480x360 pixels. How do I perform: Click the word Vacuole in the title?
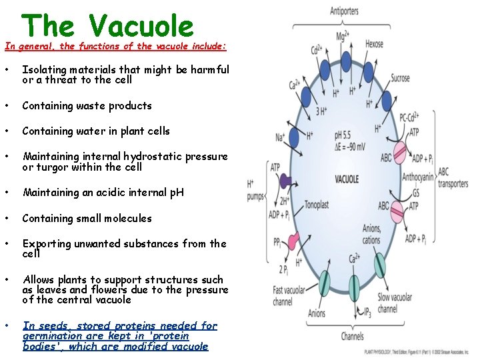(x=141, y=26)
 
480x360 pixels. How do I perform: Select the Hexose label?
(x=374, y=44)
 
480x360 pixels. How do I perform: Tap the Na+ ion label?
(x=281, y=138)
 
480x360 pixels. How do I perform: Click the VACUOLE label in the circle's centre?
(x=347, y=179)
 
